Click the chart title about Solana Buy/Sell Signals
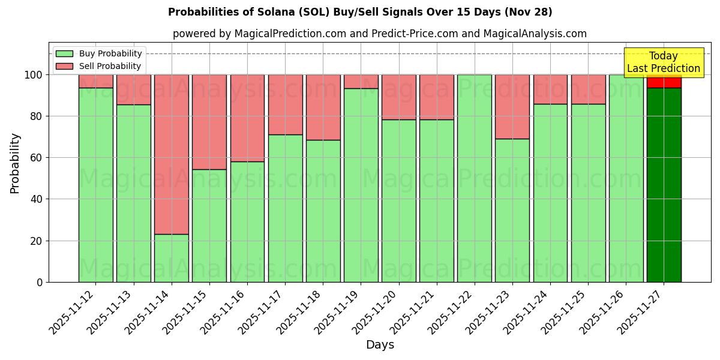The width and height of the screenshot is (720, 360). tap(360, 12)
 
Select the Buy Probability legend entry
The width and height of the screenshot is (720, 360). tap(110, 53)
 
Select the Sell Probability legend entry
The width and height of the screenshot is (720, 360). tap(109, 66)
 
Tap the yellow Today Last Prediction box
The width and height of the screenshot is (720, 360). tap(664, 62)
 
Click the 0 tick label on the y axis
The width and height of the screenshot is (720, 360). tap(40, 282)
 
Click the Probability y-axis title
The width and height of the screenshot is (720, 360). tap(15, 163)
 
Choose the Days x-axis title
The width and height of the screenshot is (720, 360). tap(380, 344)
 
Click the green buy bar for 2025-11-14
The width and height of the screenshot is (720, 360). tap(172, 258)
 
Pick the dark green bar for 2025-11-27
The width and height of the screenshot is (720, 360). tap(664, 186)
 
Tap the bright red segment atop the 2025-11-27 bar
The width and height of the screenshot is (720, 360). tap(664, 82)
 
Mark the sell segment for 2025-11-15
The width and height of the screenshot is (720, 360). tap(209, 122)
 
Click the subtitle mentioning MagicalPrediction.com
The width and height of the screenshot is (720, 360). tap(380, 34)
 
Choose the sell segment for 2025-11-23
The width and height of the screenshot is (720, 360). tap(512, 107)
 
